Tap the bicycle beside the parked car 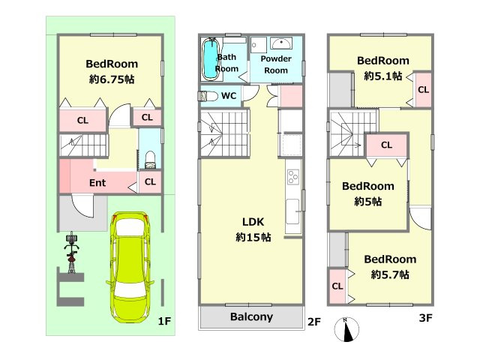coord(72,252)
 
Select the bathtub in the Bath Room coord(211,59)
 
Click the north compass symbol coord(346,330)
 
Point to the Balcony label coord(251,316)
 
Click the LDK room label coord(253,222)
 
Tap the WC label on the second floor coord(229,96)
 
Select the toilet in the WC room coord(208,96)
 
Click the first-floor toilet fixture coord(150,160)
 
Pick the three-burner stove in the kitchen coord(293,177)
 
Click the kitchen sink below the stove coord(292,211)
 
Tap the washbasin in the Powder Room coord(281,43)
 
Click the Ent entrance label coord(97,183)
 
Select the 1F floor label coord(164,321)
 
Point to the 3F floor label coord(425,318)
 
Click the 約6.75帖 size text coord(112,79)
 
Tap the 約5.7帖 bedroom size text coord(390,274)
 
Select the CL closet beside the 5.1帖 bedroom coord(423,90)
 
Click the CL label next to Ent coord(150,181)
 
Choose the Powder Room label coord(276,64)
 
